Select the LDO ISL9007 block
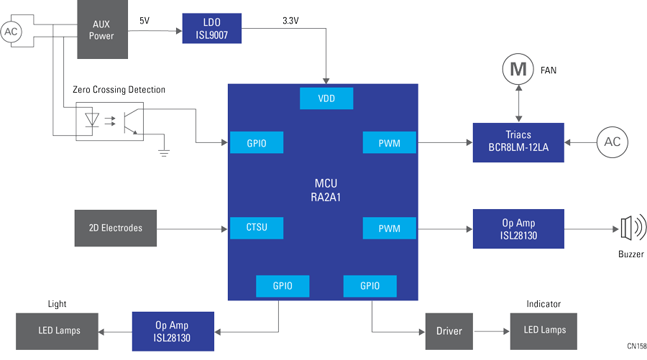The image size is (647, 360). (x=211, y=30)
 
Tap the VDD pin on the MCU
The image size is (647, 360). (x=326, y=98)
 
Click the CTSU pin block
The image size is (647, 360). (x=256, y=228)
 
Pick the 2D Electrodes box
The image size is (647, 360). (x=116, y=228)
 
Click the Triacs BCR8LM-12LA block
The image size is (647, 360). (x=519, y=142)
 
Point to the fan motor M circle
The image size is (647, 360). (x=518, y=70)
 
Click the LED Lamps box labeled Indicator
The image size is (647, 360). (x=543, y=331)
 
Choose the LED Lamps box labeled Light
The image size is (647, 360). (x=59, y=331)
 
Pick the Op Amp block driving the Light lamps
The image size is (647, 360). (x=173, y=331)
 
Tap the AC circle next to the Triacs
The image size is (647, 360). (x=612, y=142)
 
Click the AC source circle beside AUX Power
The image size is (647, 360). (x=12, y=31)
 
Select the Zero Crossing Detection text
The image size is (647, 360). (x=119, y=90)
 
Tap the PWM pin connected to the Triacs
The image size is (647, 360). (x=390, y=143)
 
